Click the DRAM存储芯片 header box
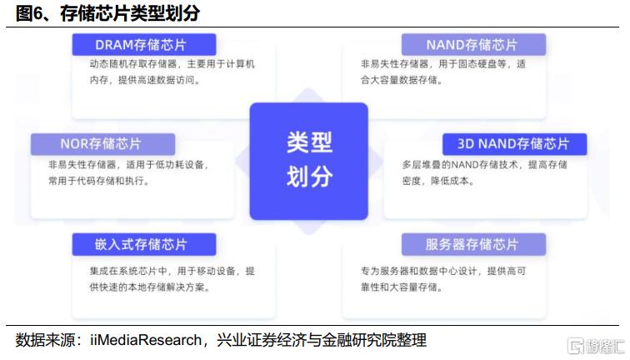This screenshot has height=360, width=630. [144, 45]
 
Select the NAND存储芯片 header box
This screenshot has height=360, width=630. [473, 45]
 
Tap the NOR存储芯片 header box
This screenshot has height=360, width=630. [102, 144]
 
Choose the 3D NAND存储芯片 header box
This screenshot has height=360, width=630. [514, 144]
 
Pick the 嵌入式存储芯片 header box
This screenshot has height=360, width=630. [144, 244]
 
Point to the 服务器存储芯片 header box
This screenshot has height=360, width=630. [473, 244]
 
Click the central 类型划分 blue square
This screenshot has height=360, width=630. [308, 161]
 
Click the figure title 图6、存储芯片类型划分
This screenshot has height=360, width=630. [107, 13]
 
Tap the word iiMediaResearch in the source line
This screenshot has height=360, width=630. [146, 340]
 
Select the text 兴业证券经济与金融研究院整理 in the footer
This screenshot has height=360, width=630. [322, 340]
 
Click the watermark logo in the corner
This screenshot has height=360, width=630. [597, 346]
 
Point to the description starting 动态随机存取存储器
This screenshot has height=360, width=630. [172, 72]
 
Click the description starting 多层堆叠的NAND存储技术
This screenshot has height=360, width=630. [484, 172]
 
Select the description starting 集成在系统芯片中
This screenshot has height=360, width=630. [172, 279]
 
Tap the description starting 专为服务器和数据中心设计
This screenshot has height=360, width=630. [443, 279]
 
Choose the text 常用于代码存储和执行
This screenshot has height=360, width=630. [99, 181]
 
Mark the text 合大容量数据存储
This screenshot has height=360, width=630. [402, 80]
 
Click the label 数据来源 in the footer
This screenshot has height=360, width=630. [45, 340]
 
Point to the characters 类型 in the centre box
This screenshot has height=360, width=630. [309, 142]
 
